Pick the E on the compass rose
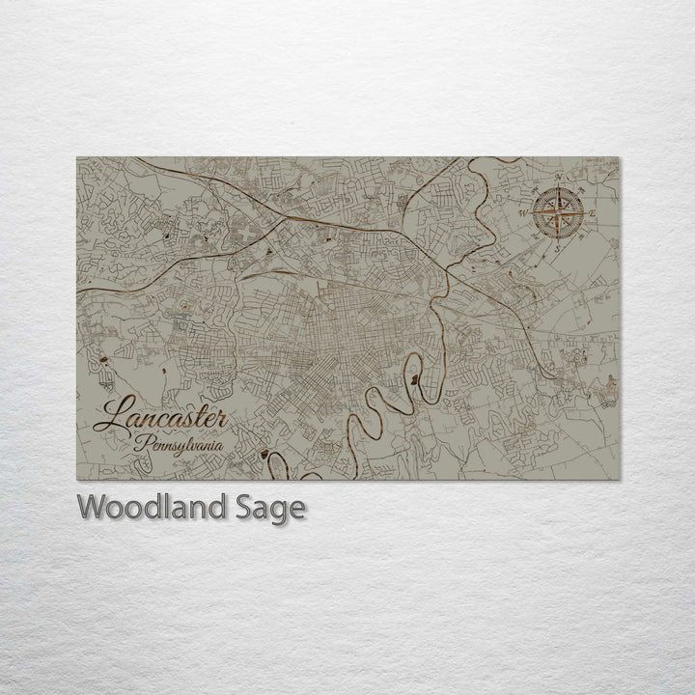tap(593, 212)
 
